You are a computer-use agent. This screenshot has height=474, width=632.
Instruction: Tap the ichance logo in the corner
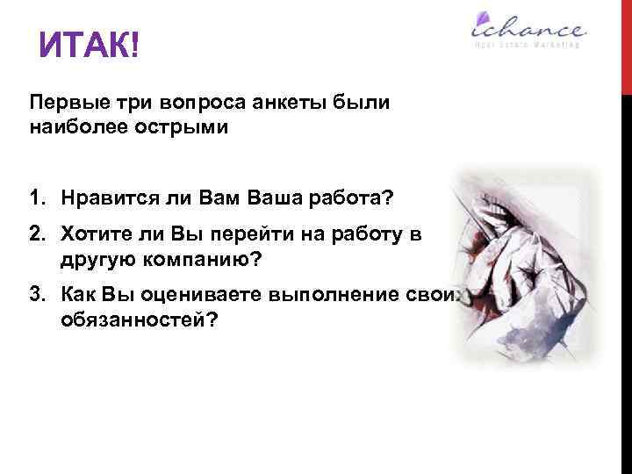526,29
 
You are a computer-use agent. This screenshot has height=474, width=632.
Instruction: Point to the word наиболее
74,127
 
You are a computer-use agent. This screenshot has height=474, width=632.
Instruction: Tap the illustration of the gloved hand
527,263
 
